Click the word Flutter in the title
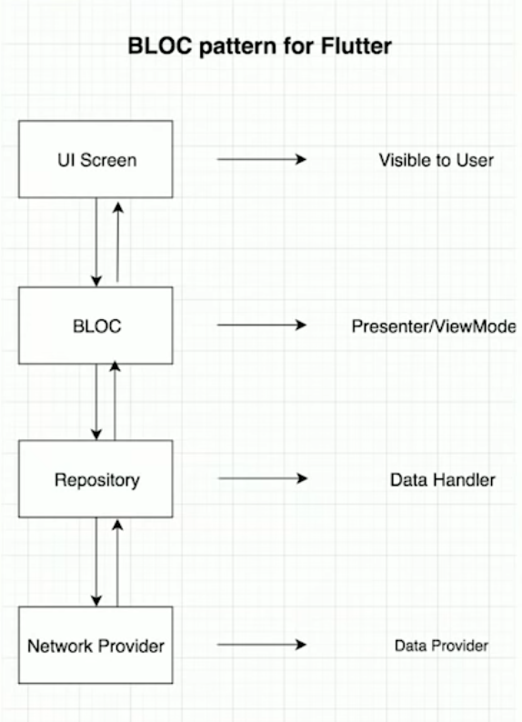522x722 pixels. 356,46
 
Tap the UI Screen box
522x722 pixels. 95,159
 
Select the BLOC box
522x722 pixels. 95,326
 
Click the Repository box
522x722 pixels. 95,479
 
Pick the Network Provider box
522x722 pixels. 95,645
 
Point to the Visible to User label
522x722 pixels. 436,160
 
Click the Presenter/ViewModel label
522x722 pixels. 434,326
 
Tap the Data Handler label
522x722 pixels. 442,480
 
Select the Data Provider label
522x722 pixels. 441,646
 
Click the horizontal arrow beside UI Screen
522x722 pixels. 262,159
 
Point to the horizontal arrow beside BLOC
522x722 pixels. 262,326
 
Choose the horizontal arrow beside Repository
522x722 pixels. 263,478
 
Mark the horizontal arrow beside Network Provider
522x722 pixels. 262,645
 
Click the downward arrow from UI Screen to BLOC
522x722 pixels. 96,242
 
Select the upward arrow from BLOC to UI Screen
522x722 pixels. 118,242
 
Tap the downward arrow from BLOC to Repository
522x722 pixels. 96,402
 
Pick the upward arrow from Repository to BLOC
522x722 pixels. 115,401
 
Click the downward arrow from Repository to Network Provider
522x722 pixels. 96,562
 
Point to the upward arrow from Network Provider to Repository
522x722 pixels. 117,563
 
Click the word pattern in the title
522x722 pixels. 238,47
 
